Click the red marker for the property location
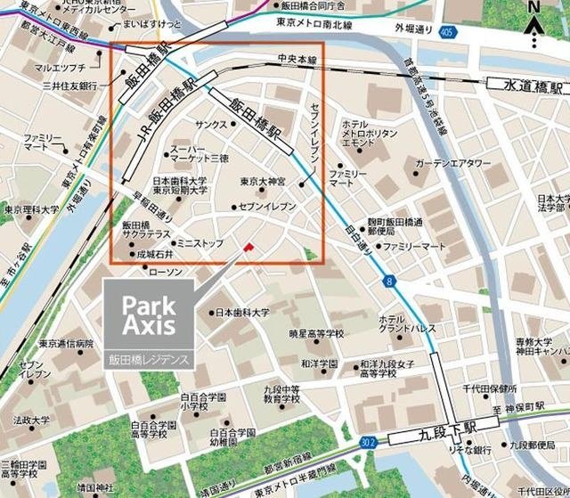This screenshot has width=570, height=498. [x=249, y=246]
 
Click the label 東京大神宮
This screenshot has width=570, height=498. [x=263, y=182]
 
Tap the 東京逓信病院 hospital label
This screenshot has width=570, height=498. [x=65, y=343]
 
